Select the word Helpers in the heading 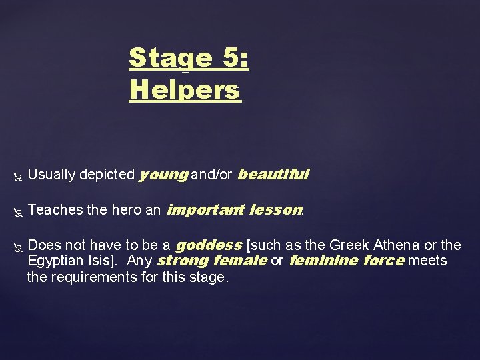point(184,89)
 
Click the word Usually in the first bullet point(52,175)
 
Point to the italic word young point(163,175)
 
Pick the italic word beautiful point(273,175)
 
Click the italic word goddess point(209,245)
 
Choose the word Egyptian point(55,261)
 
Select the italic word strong point(182,261)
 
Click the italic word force point(383,261)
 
